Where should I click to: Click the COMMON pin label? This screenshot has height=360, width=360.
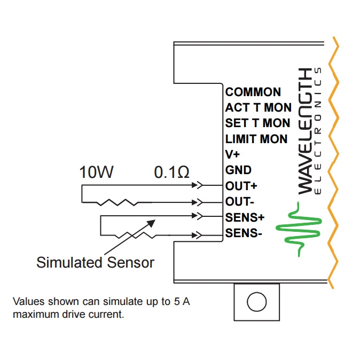click(x=253, y=92)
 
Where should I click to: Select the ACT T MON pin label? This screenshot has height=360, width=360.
click(x=258, y=107)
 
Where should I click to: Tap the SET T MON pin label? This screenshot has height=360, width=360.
click(x=258, y=123)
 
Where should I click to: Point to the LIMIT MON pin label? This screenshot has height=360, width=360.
click(x=256, y=139)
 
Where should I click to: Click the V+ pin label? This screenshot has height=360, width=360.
click(x=232, y=155)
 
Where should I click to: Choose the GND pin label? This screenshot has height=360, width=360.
click(x=238, y=170)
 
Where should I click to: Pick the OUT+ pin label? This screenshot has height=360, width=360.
click(x=241, y=186)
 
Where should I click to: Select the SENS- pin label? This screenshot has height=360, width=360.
click(x=244, y=233)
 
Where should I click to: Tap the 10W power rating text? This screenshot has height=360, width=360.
click(x=97, y=173)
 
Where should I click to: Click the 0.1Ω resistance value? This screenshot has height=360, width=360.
click(x=171, y=173)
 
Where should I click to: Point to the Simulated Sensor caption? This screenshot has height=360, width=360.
click(x=95, y=262)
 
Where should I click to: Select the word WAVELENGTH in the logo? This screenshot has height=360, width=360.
click(x=305, y=131)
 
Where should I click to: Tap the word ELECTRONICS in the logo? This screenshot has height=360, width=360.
click(x=319, y=131)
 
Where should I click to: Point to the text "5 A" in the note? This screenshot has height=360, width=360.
click(x=182, y=302)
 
